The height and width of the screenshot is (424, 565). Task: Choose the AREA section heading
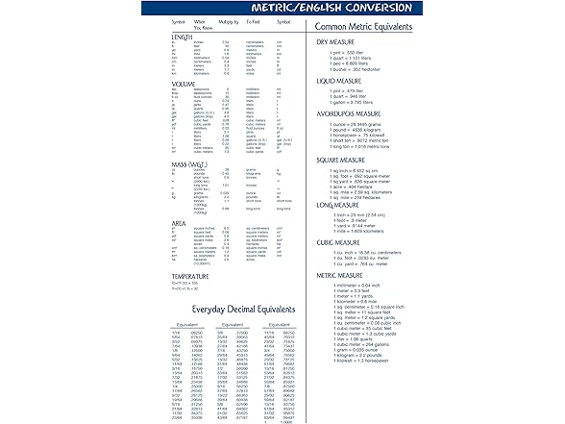point(180,223)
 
